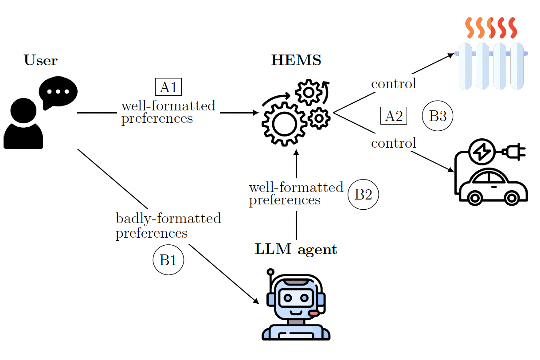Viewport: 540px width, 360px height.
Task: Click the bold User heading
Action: coord(40,60)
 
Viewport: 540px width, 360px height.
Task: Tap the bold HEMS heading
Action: coord(296,60)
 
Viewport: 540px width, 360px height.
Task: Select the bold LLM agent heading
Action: coord(296,249)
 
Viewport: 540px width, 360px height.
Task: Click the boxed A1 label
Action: coord(168,87)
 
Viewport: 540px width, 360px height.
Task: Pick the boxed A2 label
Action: coord(394,116)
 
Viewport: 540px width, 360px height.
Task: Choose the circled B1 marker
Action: coord(168,260)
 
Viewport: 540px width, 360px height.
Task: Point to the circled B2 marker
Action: coord(363,194)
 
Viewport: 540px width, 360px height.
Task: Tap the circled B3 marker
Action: coord(438,116)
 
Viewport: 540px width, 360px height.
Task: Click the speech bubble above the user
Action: coord(58,93)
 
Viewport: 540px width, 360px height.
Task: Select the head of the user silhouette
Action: coord(23,111)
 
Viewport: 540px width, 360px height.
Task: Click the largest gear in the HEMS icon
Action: coord(284,124)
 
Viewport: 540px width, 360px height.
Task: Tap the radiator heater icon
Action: coord(491,54)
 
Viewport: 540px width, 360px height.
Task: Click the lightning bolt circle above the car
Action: coord(482,152)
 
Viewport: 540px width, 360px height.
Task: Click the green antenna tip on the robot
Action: coord(270,272)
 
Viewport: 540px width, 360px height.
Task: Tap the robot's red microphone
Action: coord(314,313)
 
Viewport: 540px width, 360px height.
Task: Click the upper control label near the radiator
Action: coord(394,84)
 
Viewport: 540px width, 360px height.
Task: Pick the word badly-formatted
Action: coord(168,219)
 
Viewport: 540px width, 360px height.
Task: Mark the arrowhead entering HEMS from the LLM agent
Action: coord(296,152)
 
